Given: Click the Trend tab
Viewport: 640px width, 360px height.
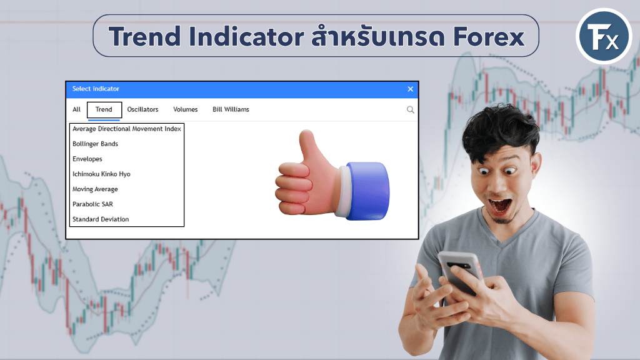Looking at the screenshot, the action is coord(104,109).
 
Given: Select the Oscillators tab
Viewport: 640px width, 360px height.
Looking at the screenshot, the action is coord(142,109).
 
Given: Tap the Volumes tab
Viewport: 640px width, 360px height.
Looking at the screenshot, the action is coord(185,109).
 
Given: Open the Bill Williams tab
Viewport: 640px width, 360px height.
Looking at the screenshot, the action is coord(231,109).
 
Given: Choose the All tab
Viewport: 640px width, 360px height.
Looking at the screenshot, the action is coord(76,109).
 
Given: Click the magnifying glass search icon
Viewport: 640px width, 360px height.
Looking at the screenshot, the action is coord(410,109).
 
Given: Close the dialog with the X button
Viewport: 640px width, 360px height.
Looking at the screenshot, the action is coord(410,89).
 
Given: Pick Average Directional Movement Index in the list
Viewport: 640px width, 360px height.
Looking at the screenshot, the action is coord(126,129).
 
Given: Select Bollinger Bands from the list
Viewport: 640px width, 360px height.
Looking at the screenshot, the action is coord(95,144).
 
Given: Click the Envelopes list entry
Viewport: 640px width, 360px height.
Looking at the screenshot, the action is coord(87,159).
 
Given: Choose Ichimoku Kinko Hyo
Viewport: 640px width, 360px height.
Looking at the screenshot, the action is coord(101,174).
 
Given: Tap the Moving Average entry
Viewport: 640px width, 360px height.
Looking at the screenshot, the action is coord(95,189).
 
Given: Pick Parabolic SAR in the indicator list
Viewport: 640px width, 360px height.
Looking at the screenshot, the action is coord(92,204).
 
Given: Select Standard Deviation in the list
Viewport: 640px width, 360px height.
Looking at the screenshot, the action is coord(101,219).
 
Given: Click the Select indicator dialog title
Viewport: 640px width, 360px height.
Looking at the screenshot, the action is coord(96,89).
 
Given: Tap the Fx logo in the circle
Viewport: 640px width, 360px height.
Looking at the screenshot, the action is coord(604,36).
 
